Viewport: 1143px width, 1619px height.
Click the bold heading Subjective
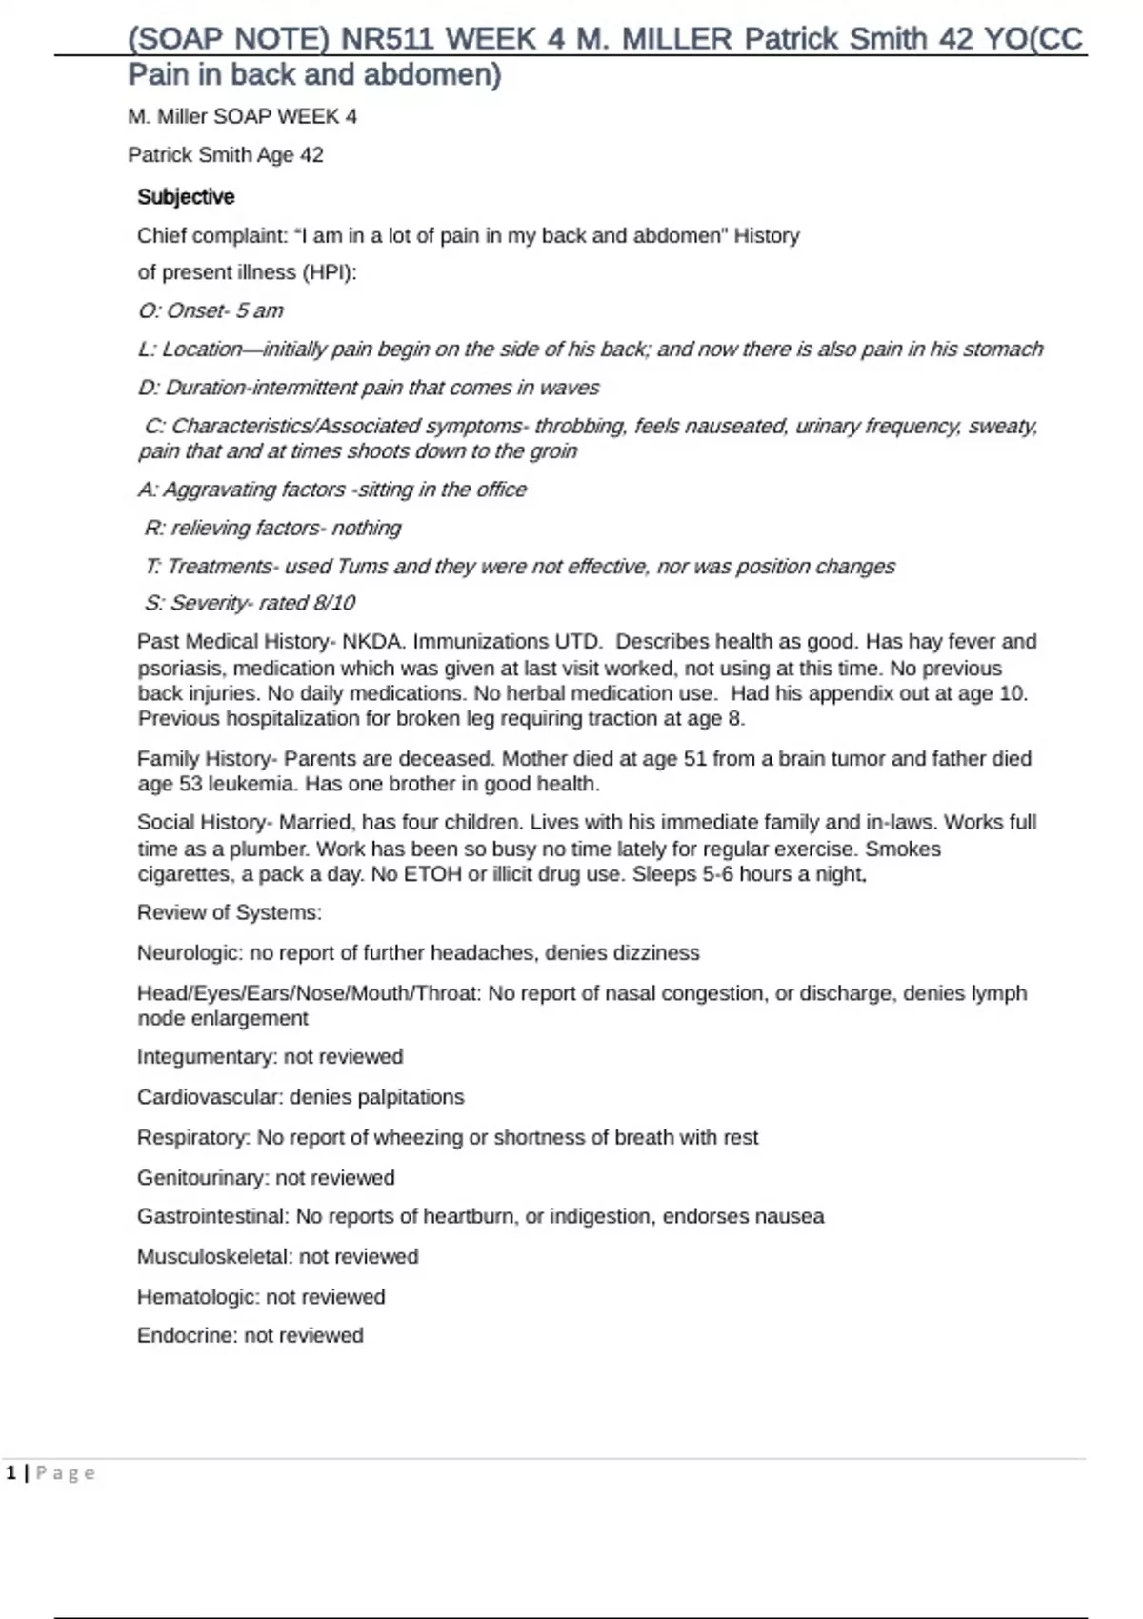(186, 197)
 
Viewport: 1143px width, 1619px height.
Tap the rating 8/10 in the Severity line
(330, 603)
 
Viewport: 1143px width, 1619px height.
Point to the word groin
(552, 451)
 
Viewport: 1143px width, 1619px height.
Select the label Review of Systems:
(230, 913)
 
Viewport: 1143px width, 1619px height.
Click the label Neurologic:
(190, 953)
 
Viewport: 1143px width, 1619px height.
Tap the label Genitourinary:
(203, 1178)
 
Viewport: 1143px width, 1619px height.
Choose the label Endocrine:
(188, 1336)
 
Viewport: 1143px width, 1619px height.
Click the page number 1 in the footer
(11, 1473)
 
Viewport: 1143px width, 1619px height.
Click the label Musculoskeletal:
(215, 1257)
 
